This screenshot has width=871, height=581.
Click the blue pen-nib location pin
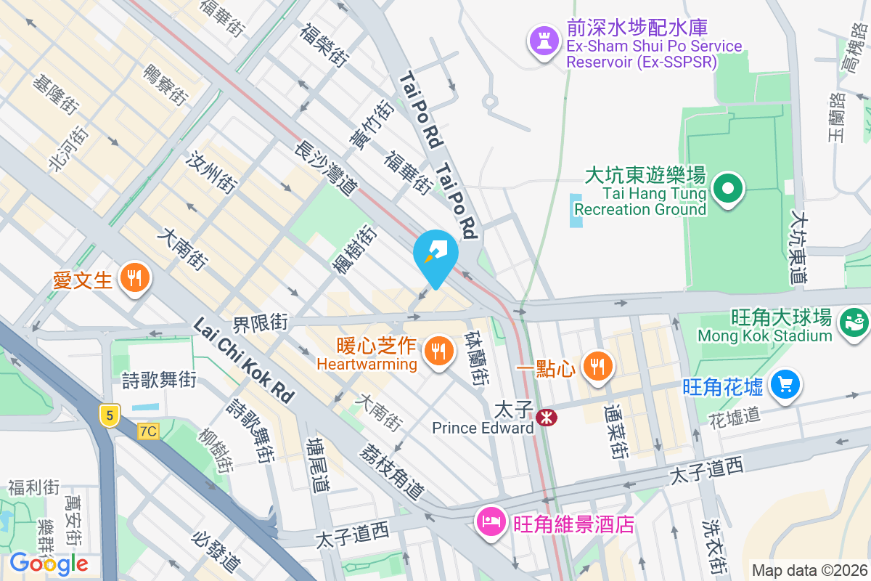(435, 254)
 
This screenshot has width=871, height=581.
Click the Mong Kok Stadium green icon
(854, 320)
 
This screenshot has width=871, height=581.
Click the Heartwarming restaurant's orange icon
(438, 352)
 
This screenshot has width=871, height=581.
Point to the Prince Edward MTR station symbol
(546, 418)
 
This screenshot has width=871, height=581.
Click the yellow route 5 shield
(110, 415)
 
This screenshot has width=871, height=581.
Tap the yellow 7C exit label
(148, 431)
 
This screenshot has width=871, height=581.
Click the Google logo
(49, 563)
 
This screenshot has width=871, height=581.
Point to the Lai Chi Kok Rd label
(244, 361)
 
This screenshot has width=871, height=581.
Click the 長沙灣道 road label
(326, 168)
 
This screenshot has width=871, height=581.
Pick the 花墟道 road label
(735, 415)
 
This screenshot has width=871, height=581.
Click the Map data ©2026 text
(809, 570)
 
